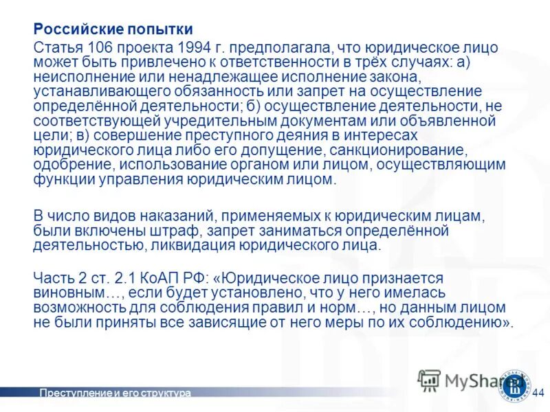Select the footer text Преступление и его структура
[x=115, y=393]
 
